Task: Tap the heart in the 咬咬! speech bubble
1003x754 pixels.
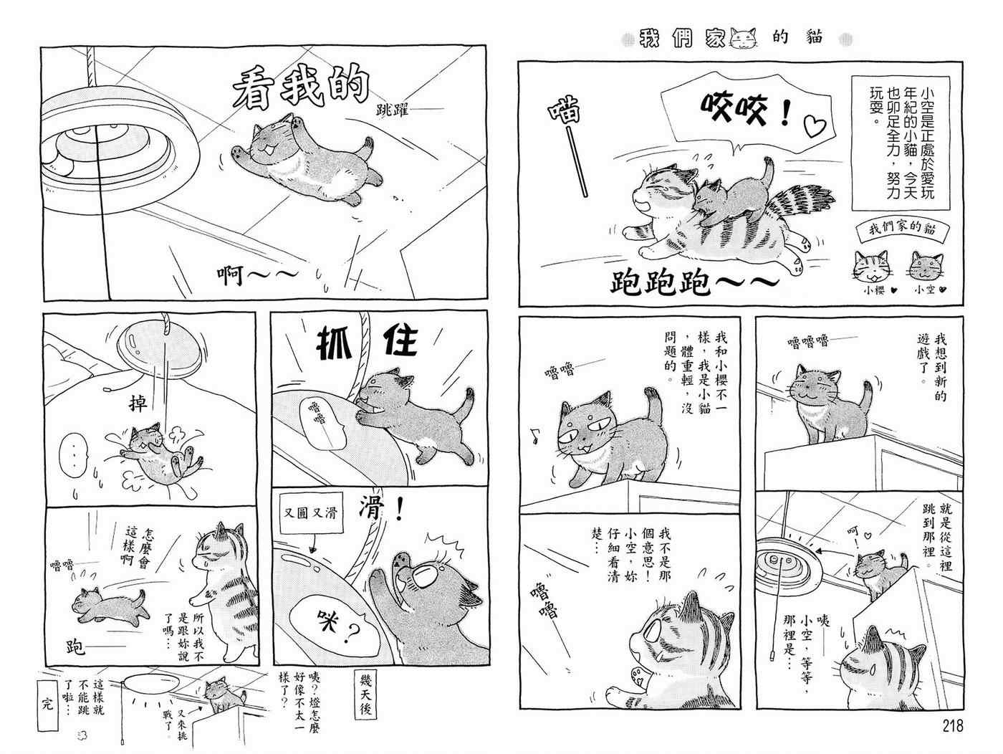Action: [815, 126]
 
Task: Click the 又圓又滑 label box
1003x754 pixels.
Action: [311, 512]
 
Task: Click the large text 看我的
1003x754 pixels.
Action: [301, 87]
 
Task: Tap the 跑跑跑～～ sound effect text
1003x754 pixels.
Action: [694, 280]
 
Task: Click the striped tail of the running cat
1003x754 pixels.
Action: [800, 204]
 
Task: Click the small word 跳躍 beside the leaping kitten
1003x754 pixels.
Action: [392, 110]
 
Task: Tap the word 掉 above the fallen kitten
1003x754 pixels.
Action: [138, 403]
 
